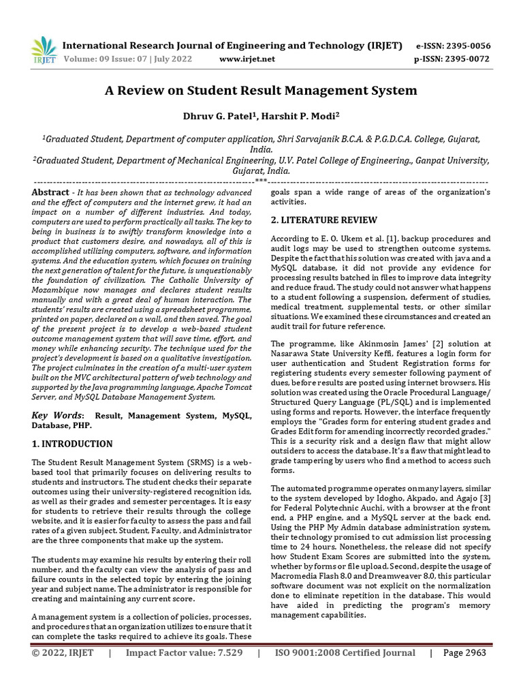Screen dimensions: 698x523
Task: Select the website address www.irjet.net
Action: pos(247,59)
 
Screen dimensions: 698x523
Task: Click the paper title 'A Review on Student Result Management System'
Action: pos(261,90)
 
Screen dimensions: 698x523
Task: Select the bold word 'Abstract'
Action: pos(51,193)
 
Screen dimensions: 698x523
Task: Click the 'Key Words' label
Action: pos(59,415)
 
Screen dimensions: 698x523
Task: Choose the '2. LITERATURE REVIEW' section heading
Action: pos(324,220)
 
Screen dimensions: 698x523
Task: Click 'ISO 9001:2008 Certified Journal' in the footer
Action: pos(345,671)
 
